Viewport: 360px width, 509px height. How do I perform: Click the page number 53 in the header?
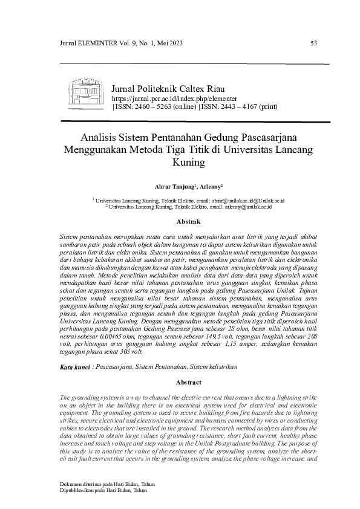pos(313,43)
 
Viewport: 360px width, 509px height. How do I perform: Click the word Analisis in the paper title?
pos(100,137)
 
